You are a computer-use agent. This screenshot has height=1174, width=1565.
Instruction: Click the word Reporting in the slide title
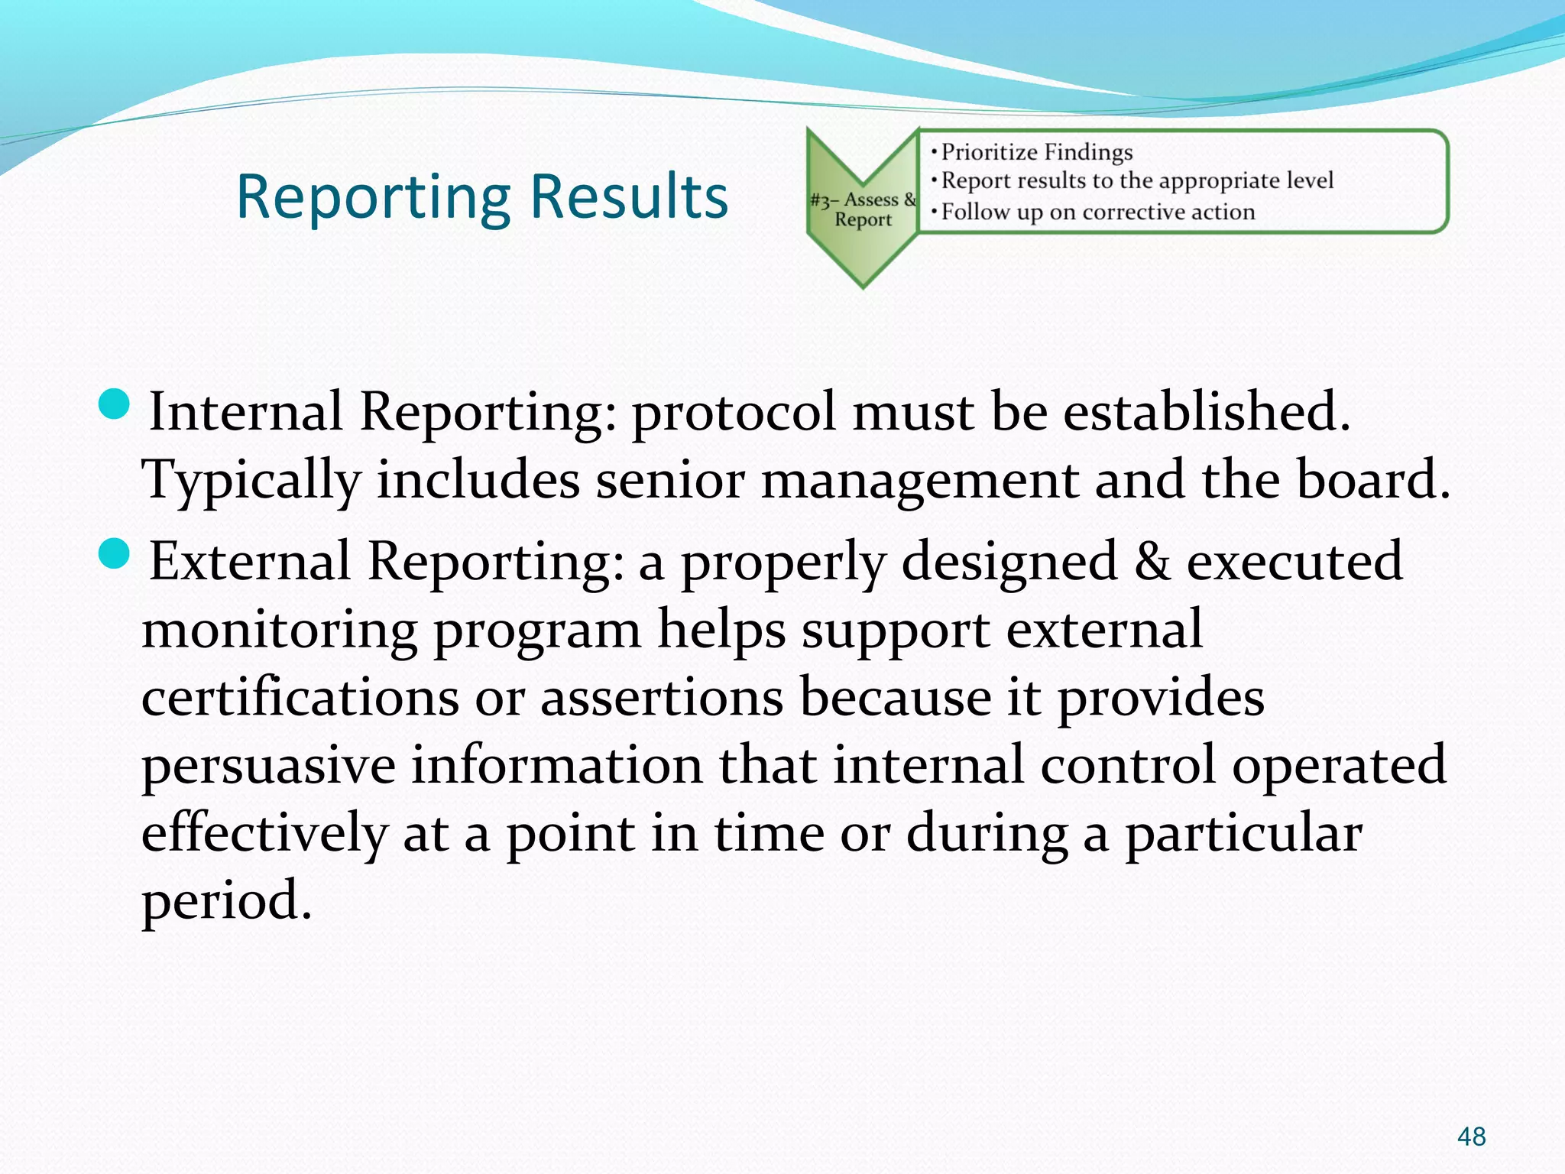click(373, 197)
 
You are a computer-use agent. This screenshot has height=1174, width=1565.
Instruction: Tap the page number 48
click(1471, 1137)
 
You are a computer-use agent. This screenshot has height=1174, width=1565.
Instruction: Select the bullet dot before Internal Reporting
click(115, 404)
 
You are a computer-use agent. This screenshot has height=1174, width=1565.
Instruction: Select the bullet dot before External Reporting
click(115, 553)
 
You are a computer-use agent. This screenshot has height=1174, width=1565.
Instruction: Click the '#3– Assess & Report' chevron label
click(863, 209)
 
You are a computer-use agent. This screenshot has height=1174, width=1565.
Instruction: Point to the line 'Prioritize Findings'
click(1036, 152)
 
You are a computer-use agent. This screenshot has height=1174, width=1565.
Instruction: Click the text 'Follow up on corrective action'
click(1097, 212)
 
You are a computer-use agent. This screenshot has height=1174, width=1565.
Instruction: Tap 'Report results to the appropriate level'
click(1136, 180)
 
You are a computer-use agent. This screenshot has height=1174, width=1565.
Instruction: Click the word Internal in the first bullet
click(245, 412)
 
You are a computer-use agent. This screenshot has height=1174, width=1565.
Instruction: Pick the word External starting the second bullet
click(249, 561)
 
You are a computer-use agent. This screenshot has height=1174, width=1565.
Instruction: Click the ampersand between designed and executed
click(1152, 561)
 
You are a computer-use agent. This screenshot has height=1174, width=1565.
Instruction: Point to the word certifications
click(300, 697)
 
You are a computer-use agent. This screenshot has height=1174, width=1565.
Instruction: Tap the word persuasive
click(268, 765)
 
